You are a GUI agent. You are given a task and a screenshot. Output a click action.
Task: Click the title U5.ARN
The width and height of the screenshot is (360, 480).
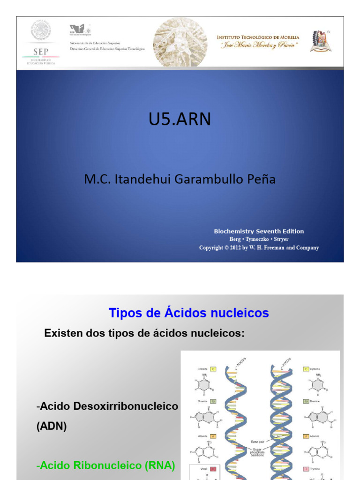pyautogui.click(x=180, y=120)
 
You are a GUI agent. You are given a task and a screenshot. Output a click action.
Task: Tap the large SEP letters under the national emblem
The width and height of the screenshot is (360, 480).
pyautogui.click(x=40, y=52)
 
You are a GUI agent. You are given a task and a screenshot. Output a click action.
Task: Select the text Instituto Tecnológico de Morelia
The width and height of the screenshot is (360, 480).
pyautogui.click(x=258, y=37)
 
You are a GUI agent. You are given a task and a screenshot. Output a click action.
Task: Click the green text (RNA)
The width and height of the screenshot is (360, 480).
pyautogui.click(x=158, y=465)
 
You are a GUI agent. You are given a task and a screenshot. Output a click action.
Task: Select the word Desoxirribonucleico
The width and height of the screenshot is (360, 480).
pyautogui.click(x=133, y=406)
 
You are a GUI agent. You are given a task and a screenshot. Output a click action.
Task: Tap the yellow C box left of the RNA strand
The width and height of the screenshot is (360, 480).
pyautogui.click(x=213, y=369)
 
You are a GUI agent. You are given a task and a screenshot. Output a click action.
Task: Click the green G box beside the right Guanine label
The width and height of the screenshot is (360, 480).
pyautogui.click(x=306, y=401)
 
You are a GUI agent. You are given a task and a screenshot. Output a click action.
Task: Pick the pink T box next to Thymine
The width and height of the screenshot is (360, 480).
pyautogui.click(x=306, y=469)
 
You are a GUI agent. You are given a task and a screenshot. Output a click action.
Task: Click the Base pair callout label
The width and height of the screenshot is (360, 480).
pyautogui.click(x=258, y=442)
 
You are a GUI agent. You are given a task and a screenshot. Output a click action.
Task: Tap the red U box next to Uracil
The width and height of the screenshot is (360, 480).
pyautogui.click(x=213, y=469)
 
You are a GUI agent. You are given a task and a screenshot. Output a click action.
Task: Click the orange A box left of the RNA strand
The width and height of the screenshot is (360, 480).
pyautogui.click(x=213, y=436)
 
